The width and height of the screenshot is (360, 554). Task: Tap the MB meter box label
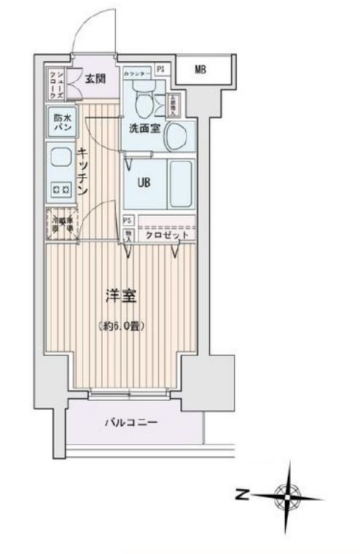click(199, 70)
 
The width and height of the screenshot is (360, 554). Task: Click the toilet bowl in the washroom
click(144, 104)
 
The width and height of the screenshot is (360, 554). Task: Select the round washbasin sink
click(176, 134)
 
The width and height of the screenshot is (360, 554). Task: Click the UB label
click(142, 182)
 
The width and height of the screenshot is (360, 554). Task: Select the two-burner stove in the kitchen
click(60, 190)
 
